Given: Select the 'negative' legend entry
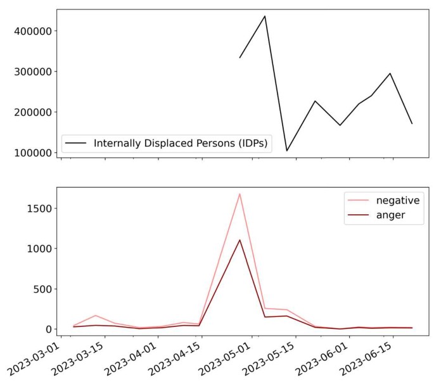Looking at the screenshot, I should pos(397,200).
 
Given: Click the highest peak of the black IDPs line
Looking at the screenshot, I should pos(265,16).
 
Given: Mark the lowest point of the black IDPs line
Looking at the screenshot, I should pos(287,151).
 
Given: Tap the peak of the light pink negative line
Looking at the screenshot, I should pos(239,194).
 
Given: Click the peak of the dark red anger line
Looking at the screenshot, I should pos(239,240).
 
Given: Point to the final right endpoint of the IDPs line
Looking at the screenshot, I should pos(412,124).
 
